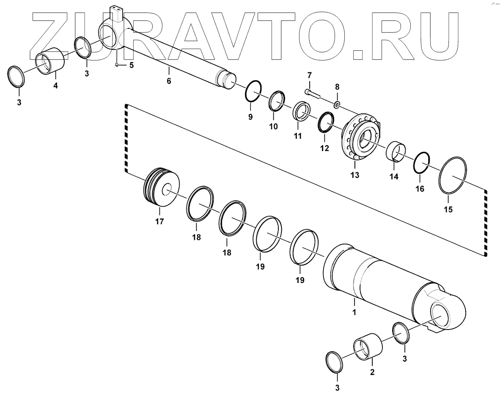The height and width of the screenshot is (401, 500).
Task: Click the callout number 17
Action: tap(159, 221)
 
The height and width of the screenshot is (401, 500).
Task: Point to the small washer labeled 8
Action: tap(337, 104)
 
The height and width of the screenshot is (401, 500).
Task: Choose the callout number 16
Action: tap(420, 189)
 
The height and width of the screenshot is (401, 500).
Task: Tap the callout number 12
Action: tap(324, 148)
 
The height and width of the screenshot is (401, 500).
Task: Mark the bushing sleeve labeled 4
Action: tap(51, 63)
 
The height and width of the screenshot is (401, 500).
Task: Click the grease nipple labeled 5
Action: tap(117, 64)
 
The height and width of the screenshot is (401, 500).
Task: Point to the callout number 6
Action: tap(169, 81)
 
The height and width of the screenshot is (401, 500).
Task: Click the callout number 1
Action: tap(354, 313)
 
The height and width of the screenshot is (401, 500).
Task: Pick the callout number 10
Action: tap(273, 126)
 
